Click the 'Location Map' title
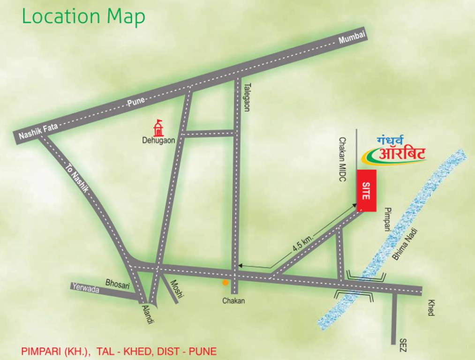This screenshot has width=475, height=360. tap(83, 17)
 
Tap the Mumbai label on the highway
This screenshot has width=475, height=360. tap(352, 38)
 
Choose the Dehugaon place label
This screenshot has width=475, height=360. tap(158, 140)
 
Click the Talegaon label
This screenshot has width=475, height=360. tap(247, 97)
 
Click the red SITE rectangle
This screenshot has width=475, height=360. tap(367, 190)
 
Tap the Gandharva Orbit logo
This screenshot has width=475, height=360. tap(396, 151)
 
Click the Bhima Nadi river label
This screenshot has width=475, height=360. tap(404, 243)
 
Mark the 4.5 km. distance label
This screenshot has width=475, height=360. tap(302, 244)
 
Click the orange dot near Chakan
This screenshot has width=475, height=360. tap(226, 283)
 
